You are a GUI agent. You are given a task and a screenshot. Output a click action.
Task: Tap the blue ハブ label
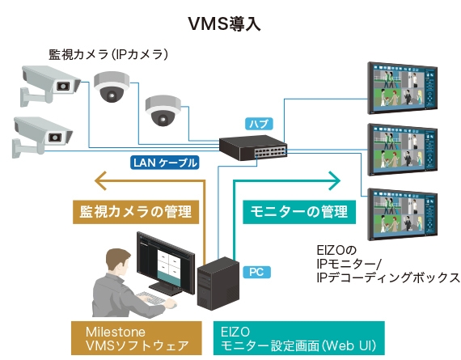(259, 124)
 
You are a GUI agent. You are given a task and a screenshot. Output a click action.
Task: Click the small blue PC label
(255, 273)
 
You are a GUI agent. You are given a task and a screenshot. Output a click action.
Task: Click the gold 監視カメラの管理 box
(135, 212)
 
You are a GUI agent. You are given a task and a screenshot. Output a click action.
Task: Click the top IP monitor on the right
(403, 86)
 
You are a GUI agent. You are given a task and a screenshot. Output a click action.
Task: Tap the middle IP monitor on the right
(403, 149)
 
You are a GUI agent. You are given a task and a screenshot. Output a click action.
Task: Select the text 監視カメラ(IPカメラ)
(108, 56)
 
